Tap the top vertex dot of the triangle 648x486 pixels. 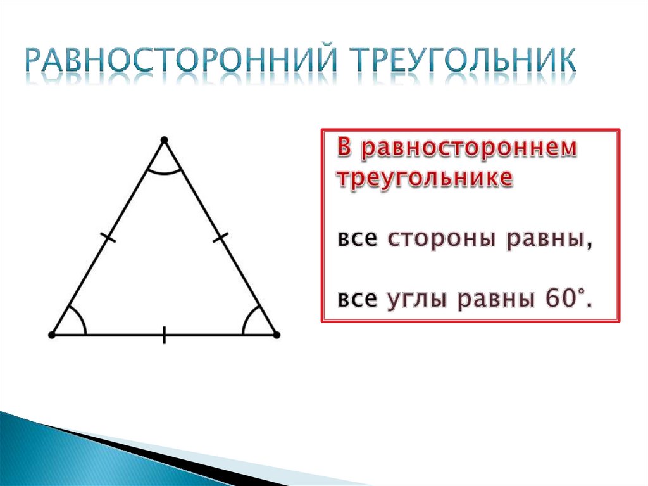(x=165, y=139)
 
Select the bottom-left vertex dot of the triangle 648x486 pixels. (x=53, y=334)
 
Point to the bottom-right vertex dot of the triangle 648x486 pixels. (x=276, y=334)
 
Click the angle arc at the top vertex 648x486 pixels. (x=165, y=172)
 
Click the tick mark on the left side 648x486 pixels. (x=109, y=238)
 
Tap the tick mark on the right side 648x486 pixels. (x=220, y=238)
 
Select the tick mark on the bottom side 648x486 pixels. (x=165, y=334)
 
